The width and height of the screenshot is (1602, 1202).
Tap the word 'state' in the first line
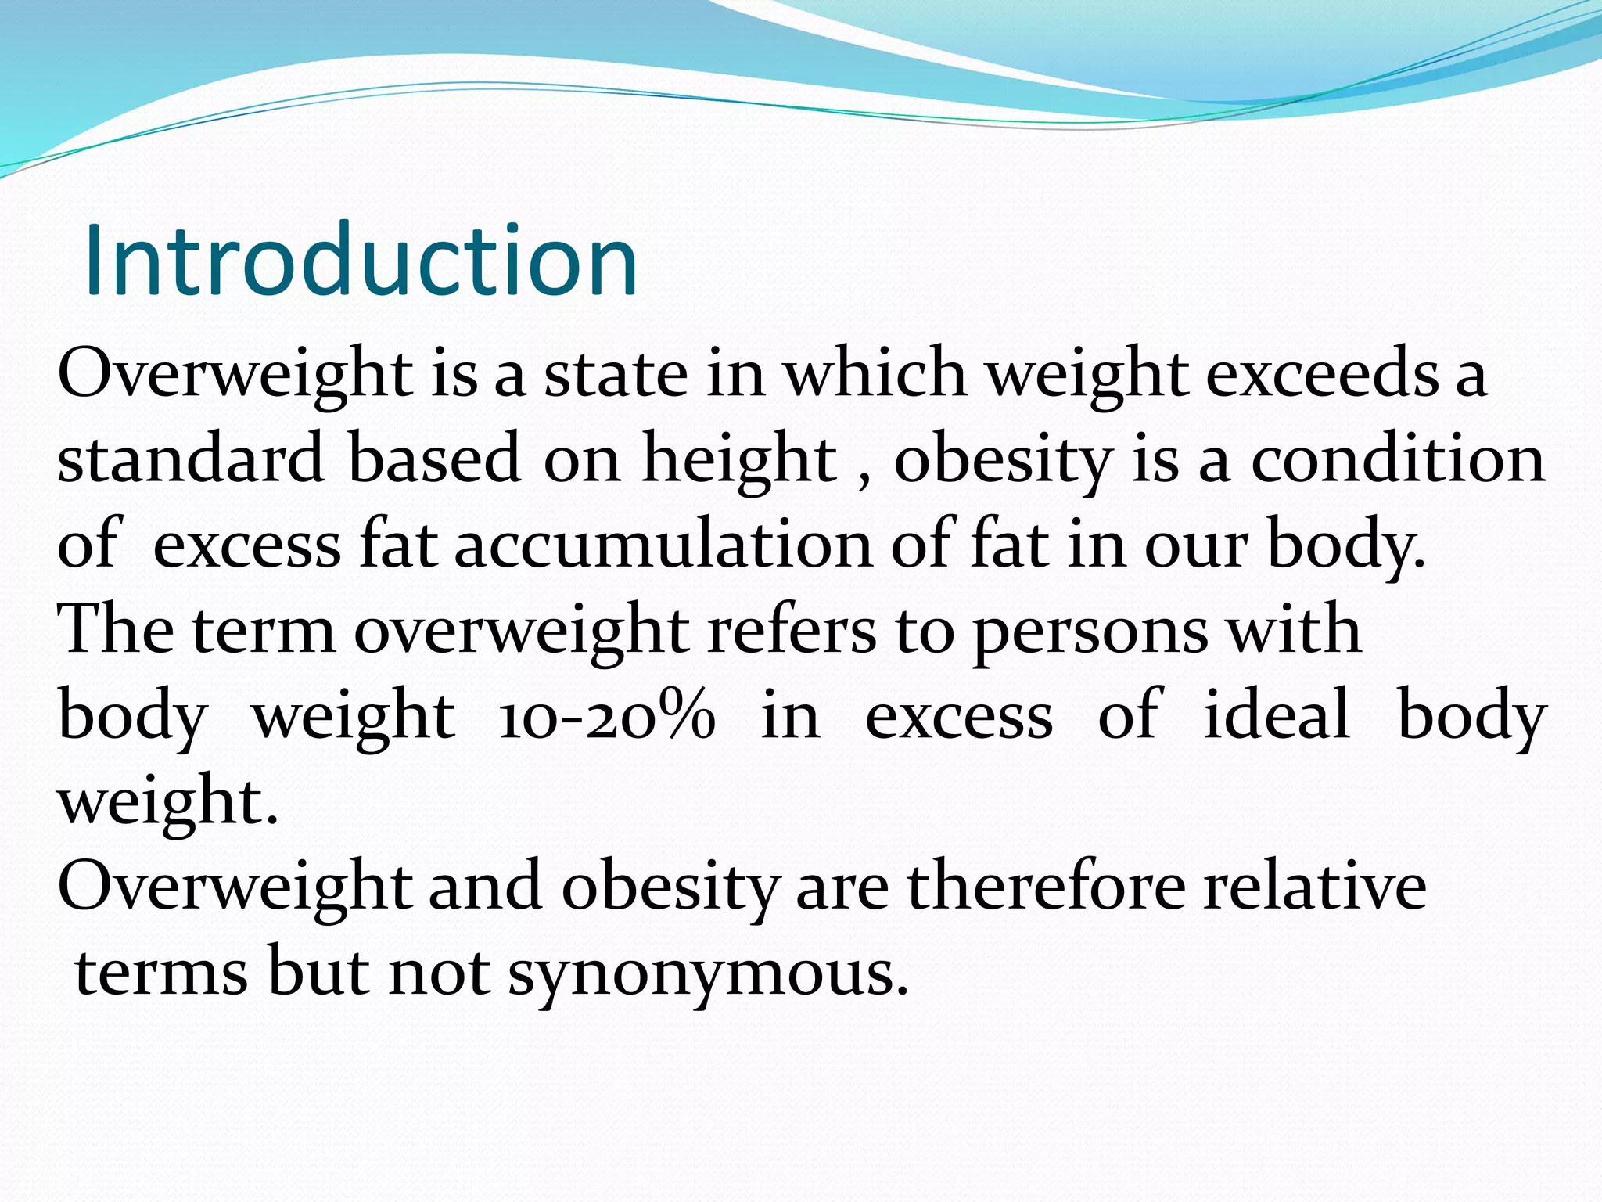pos(616,374)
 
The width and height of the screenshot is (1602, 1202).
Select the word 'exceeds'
pos(1322,374)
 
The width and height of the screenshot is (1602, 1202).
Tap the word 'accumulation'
pos(663,544)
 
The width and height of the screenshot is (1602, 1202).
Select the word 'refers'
pos(791,630)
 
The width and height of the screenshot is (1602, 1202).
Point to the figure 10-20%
pos(606,716)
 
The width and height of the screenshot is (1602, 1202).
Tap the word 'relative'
pos(1315,886)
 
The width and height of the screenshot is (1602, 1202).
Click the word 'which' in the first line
pos(875,374)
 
